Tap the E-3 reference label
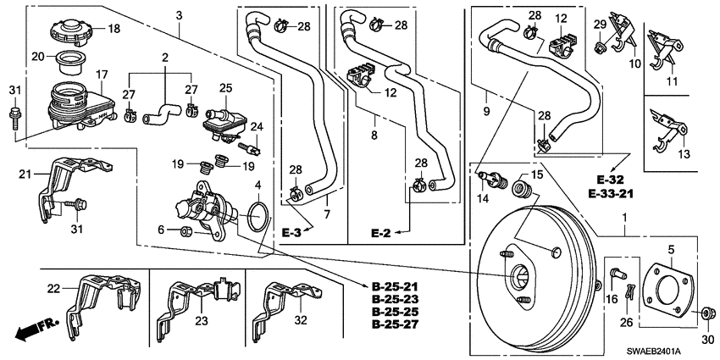tap(291, 232)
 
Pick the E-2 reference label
tap(381, 232)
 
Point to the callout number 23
tap(201, 321)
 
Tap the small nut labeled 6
tap(187, 230)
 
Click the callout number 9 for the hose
tap(485, 108)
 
